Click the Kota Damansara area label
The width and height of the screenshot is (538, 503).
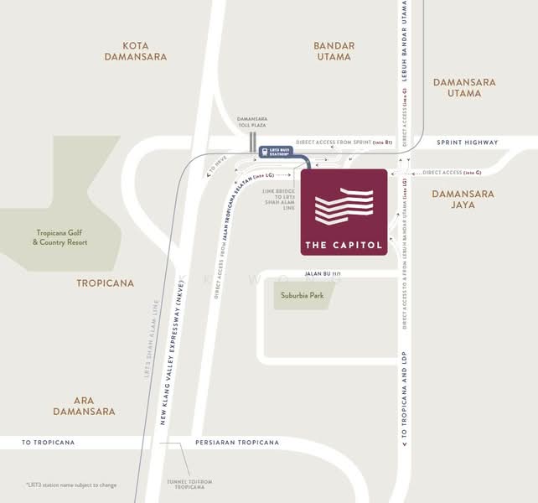tap(136, 51)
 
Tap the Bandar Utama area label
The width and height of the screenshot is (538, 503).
tap(334, 51)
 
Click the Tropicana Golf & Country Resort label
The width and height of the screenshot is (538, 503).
tap(61, 237)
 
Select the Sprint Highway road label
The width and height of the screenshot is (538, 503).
tap(468, 143)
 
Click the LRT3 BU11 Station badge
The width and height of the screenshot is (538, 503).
tap(275, 153)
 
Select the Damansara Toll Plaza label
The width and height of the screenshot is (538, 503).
tap(251, 122)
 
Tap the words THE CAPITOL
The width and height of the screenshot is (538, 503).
tap(344, 246)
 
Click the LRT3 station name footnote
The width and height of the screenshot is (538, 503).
tap(71, 485)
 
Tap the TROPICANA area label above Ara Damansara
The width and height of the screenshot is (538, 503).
tap(106, 283)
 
